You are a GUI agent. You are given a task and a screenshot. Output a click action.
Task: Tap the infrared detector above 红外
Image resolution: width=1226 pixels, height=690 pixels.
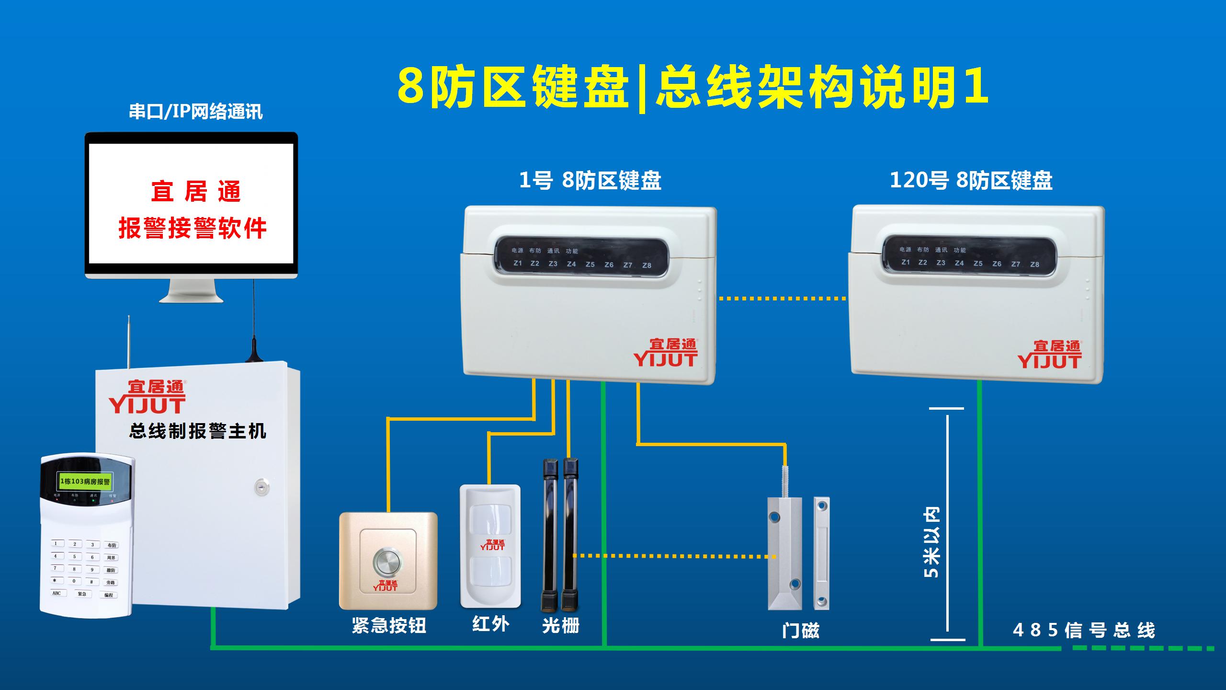click(490, 546)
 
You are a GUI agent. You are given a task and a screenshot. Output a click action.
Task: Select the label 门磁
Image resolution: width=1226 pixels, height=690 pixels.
click(800, 630)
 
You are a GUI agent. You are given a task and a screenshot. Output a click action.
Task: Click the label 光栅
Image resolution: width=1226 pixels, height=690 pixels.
click(561, 625)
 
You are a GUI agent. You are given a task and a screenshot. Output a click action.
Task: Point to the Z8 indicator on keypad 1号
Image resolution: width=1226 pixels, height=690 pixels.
click(647, 265)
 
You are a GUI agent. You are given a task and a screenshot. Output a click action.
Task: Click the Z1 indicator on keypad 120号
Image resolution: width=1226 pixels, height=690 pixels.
click(905, 263)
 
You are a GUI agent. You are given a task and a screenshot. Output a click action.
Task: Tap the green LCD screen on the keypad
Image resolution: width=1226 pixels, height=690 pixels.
click(85, 481)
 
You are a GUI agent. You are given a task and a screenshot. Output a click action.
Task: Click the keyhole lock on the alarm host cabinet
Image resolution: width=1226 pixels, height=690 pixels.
click(261, 487)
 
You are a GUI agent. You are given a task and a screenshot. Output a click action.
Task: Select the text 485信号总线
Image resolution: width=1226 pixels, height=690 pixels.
click(1084, 630)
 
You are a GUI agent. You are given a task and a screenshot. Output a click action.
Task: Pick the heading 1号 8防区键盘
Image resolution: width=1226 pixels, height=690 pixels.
click(590, 181)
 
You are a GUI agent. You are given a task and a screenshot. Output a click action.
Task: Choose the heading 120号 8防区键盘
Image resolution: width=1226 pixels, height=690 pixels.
click(971, 181)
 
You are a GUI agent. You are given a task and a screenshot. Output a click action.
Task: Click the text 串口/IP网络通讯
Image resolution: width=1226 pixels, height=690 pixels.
click(195, 112)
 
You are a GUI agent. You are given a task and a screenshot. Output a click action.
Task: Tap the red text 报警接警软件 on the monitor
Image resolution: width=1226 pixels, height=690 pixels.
click(192, 228)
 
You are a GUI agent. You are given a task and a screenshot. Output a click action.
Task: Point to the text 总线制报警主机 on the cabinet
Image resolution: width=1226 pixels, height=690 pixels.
click(197, 431)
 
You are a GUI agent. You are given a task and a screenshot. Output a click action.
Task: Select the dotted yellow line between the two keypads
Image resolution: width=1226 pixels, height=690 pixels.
click(782, 299)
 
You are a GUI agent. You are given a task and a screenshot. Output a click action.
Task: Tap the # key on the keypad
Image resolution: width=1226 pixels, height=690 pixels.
click(92, 581)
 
